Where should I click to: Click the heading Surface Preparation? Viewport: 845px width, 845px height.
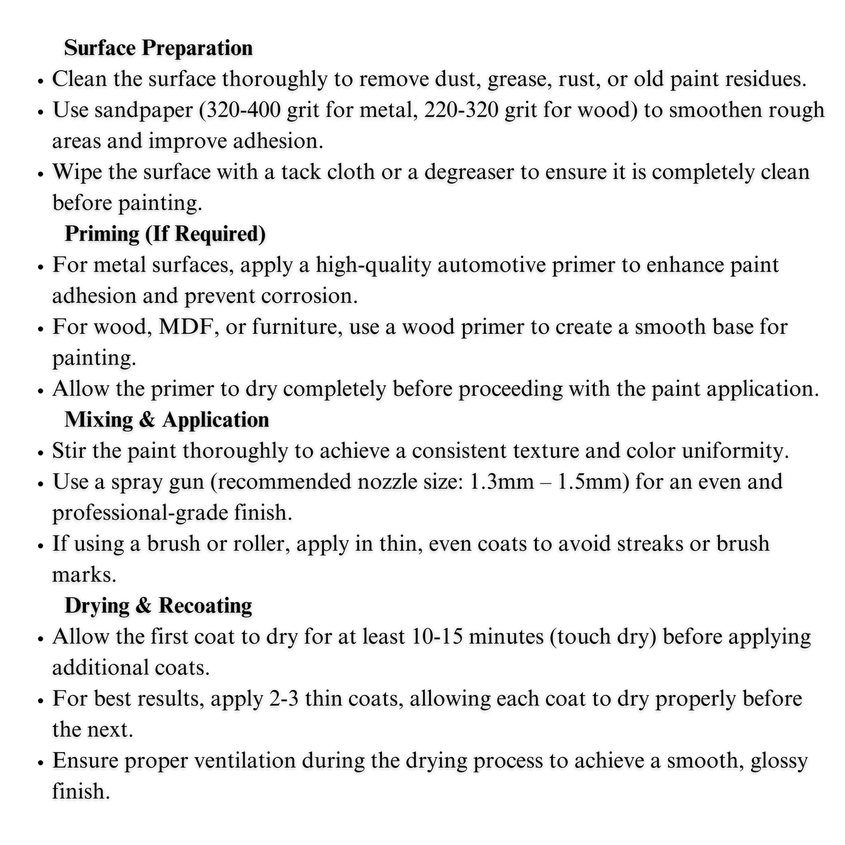click(158, 48)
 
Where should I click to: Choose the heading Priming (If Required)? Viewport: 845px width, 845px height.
click(165, 234)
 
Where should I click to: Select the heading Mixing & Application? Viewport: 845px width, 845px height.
click(167, 420)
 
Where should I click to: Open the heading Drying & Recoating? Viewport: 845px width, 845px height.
click(158, 606)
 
